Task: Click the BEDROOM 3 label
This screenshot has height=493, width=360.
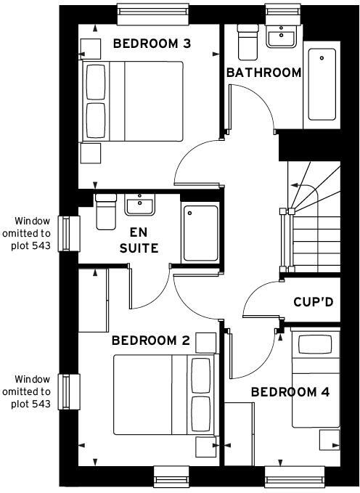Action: (152, 44)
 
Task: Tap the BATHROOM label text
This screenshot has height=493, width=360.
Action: (263, 73)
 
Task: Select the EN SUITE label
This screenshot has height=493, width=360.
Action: (144, 241)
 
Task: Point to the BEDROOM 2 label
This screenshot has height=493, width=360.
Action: (150, 341)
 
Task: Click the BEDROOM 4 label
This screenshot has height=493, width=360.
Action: (290, 392)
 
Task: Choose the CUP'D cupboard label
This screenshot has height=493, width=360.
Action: (314, 301)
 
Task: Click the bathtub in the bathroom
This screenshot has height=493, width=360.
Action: (322, 84)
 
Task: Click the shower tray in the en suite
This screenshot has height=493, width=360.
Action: (200, 232)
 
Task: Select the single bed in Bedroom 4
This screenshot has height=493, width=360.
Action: (315, 380)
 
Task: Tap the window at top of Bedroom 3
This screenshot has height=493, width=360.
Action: (149, 12)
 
